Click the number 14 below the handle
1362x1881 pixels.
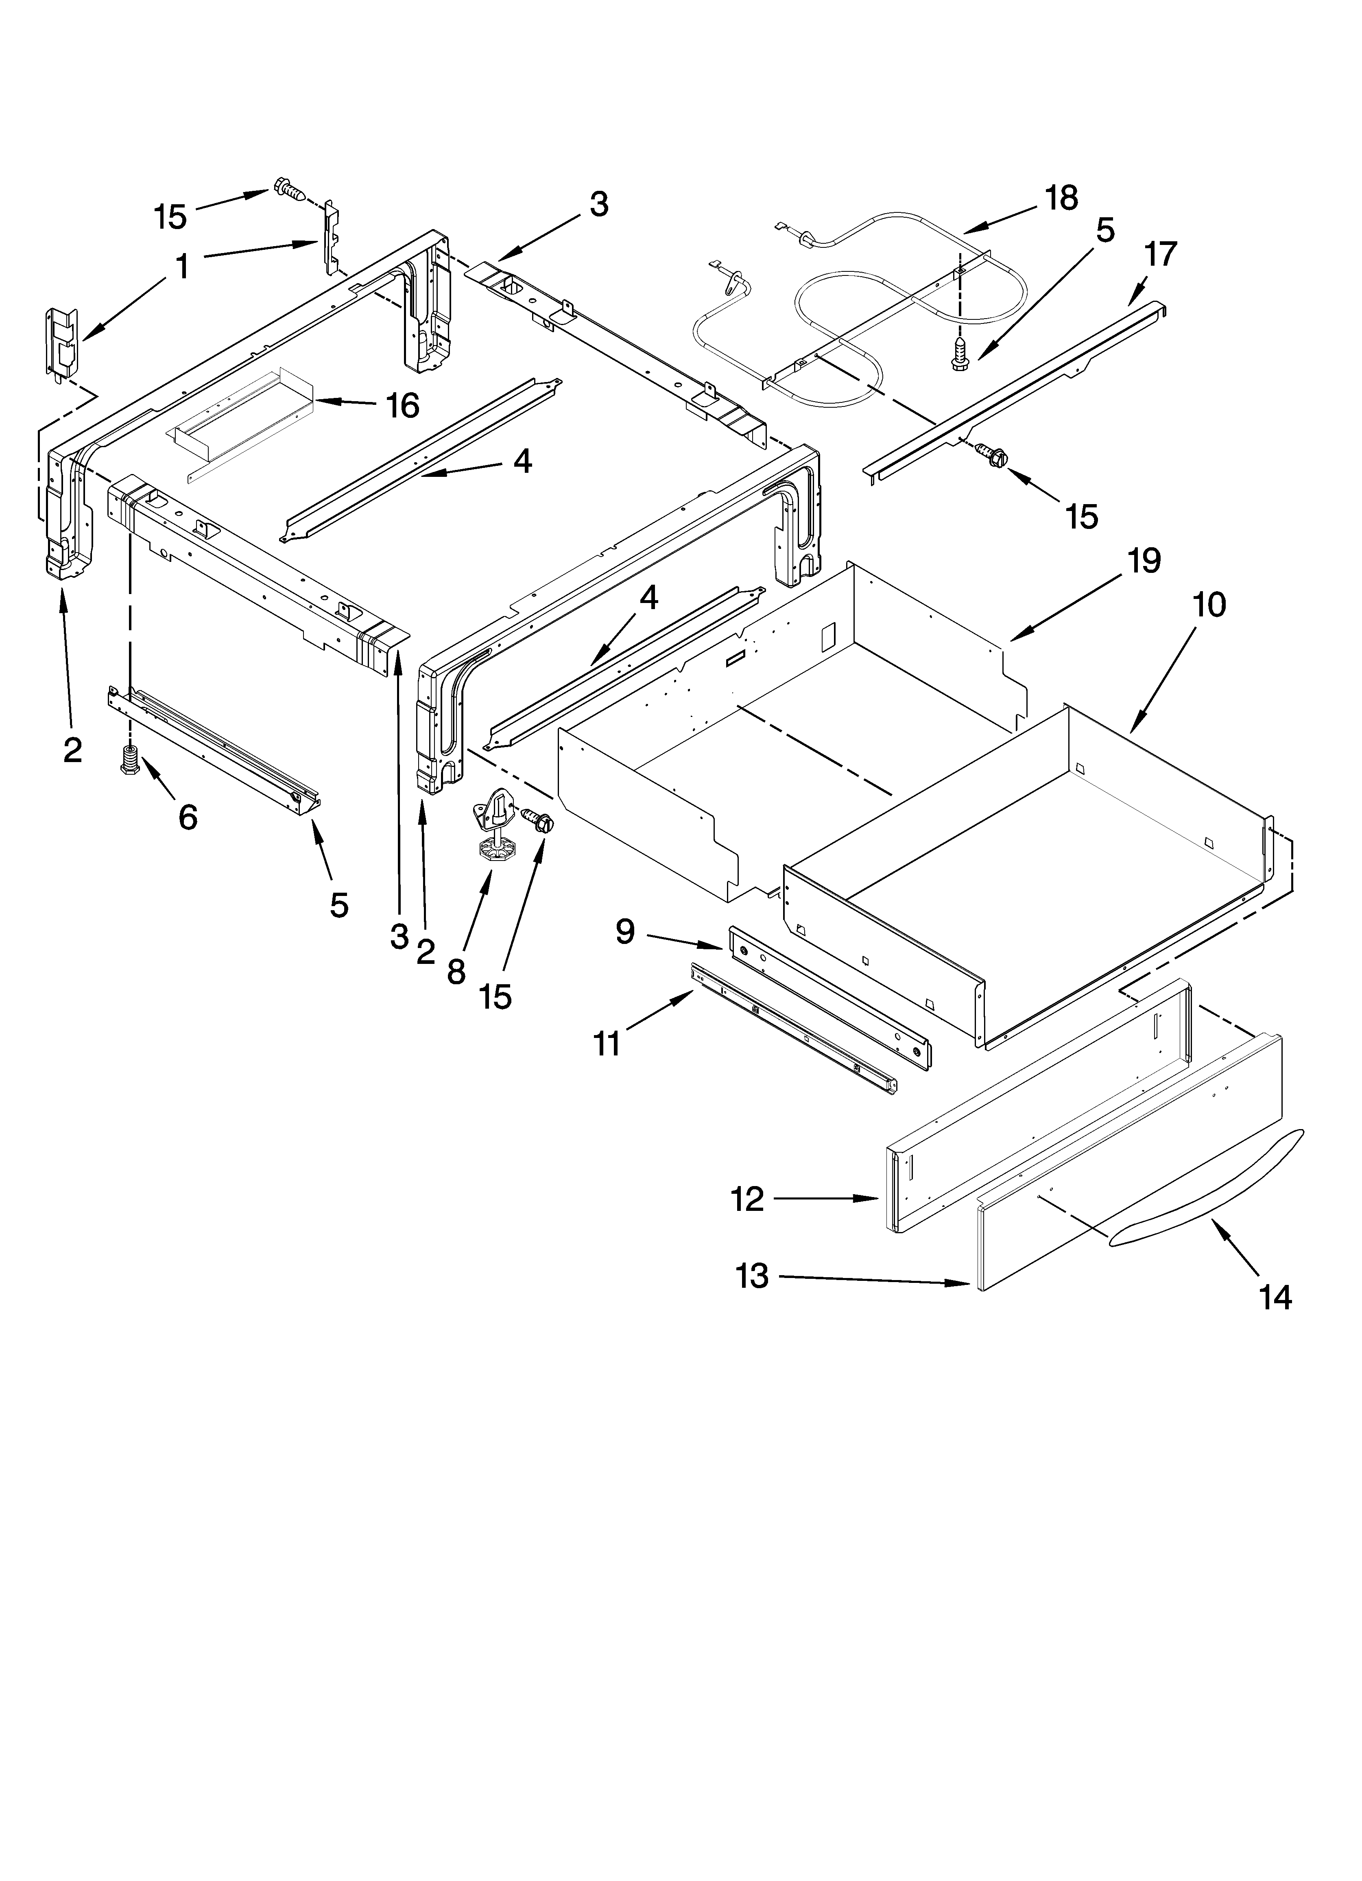click(1276, 1297)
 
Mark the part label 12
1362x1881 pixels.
click(747, 1199)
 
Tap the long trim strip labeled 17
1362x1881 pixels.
click(1020, 390)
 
